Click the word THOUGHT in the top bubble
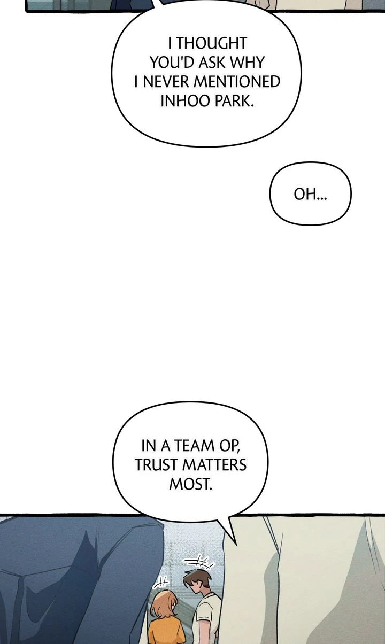pyautogui.click(x=212, y=43)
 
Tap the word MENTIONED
pyautogui.click(x=237, y=82)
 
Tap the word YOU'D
pyautogui.click(x=172, y=63)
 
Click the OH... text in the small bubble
pyautogui.click(x=310, y=195)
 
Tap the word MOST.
pyautogui.click(x=190, y=484)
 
